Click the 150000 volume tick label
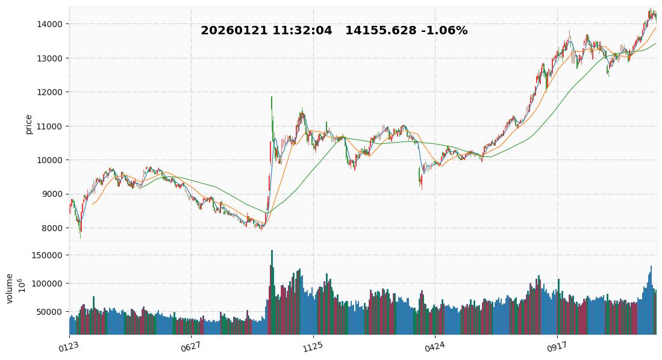tap(48, 255)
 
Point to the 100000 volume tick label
tap(48, 284)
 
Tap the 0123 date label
tap(69, 347)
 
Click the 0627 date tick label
tap(190, 347)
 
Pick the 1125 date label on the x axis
tap(313, 347)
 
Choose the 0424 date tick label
tap(434, 347)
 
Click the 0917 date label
tap(557, 347)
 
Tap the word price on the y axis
tap(28, 124)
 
